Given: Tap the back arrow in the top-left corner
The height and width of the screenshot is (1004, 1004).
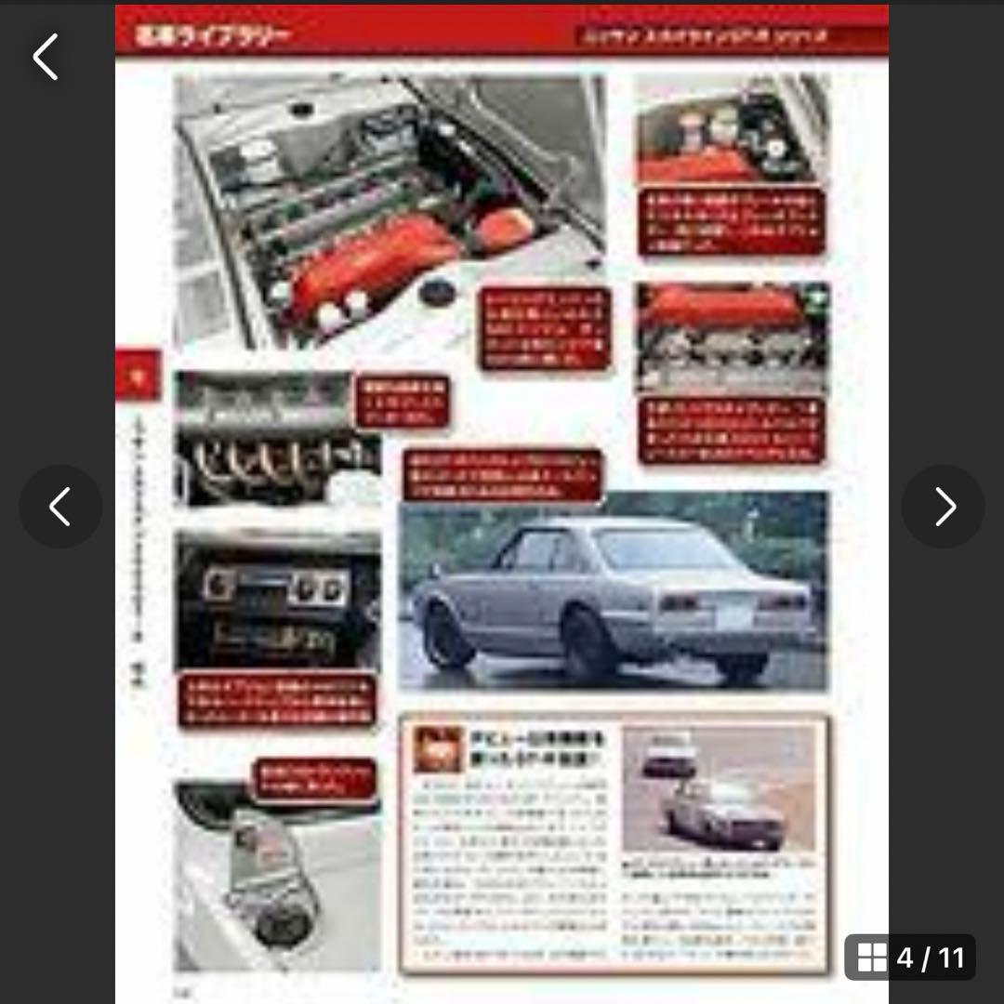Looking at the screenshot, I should [x=46, y=57].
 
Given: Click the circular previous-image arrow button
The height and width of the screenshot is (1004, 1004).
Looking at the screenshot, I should [x=60, y=507].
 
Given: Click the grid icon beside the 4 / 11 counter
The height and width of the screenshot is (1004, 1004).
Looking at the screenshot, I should [x=872, y=958].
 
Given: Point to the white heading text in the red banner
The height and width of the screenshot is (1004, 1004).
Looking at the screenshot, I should [x=213, y=36].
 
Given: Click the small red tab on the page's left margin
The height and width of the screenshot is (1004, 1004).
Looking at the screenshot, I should [x=138, y=376].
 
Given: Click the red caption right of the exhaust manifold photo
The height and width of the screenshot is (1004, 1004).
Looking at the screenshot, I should [x=403, y=402].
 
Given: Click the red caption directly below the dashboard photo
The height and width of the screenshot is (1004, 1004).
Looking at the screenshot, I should [x=278, y=703].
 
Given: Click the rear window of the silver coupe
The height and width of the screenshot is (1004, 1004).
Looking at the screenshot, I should [x=662, y=548].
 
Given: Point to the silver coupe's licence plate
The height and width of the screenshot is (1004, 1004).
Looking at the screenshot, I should [x=736, y=614].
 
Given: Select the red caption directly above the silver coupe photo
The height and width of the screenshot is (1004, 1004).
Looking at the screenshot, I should [x=502, y=475].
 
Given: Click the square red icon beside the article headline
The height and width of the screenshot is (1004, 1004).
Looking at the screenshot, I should [x=438, y=749].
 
